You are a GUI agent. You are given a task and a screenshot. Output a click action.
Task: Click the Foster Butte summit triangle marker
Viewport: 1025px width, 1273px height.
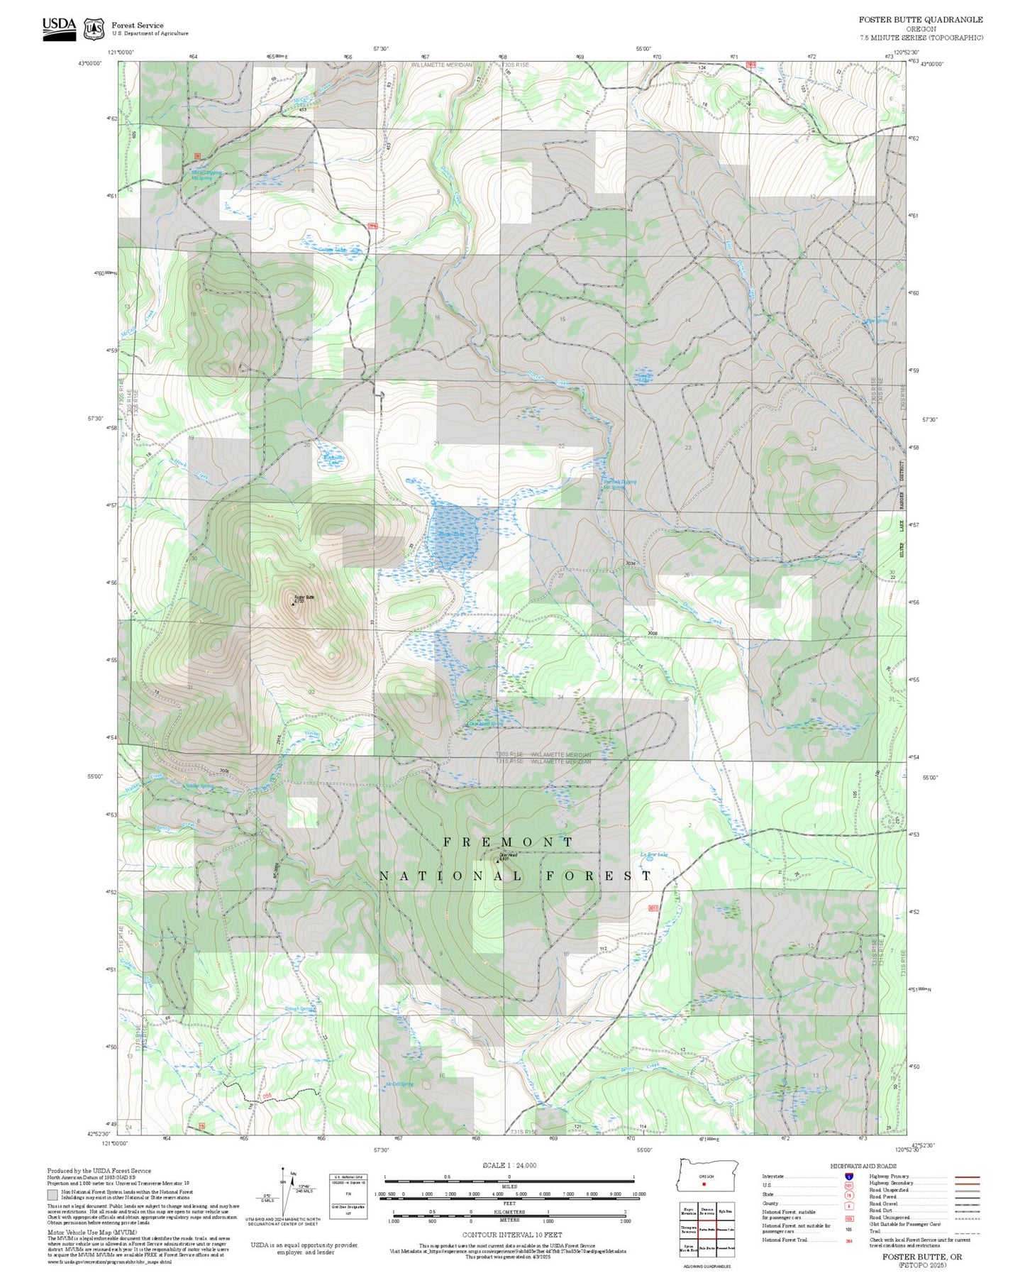click(294, 605)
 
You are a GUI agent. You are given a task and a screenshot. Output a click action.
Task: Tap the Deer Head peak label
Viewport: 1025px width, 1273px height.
click(508, 856)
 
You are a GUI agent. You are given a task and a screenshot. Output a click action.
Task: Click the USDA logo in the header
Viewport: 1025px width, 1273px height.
click(59, 28)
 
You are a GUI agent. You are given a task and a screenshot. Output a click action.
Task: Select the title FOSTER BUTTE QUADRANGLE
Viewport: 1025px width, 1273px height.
click(921, 20)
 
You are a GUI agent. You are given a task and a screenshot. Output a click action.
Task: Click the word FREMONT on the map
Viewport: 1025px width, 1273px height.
click(508, 842)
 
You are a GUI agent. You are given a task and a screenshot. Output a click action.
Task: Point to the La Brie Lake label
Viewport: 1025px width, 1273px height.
click(654, 855)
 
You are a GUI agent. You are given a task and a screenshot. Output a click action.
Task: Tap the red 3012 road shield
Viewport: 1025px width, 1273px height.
click(653, 908)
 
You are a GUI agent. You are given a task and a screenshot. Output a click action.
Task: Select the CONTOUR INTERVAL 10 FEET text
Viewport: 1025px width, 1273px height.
click(511, 1235)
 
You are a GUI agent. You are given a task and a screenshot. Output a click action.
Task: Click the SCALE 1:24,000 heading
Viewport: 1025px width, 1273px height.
click(509, 1166)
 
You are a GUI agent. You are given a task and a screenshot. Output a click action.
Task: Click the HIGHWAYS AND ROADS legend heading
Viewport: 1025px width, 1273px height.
click(863, 1166)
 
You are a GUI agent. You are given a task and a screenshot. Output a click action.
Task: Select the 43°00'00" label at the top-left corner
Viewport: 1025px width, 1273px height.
click(90, 63)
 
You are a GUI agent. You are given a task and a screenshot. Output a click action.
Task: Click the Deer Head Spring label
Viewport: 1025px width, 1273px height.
click(486, 724)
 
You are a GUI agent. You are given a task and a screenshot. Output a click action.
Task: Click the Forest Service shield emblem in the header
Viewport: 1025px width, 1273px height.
click(94, 29)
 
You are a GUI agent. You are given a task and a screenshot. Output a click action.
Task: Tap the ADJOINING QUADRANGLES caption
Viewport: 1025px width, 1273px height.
click(707, 1267)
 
